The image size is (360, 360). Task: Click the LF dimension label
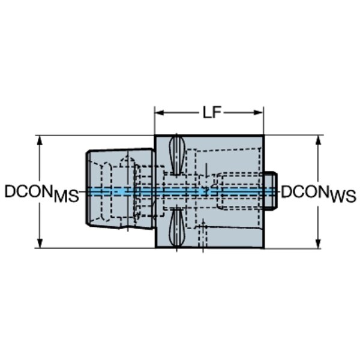[x=212, y=113]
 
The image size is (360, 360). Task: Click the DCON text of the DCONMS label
[x=28, y=191]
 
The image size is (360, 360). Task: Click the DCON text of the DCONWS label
[x=305, y=191]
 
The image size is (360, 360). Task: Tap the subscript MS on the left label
[x=67, y=197]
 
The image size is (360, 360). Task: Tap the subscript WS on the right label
[x=343, y=197]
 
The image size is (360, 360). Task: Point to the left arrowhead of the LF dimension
[x=160, y=113]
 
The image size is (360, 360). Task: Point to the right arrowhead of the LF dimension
[x=258, y=113]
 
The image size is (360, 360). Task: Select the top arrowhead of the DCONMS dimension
[x=40, y=140]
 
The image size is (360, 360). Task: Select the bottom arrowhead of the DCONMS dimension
[x=40, y=243]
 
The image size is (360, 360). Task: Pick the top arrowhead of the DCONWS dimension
[x=318, y=140]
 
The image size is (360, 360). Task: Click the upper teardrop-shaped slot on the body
[x=176, y=155]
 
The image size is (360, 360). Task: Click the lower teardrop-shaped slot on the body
[x=176, y=227]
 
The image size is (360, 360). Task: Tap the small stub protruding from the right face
[x=271, y=191]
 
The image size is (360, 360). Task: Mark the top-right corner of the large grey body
[x=264, y=136]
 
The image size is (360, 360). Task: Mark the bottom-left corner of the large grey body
[x=155, y=248]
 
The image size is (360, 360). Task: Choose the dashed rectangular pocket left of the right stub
[x=240, y=191]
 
